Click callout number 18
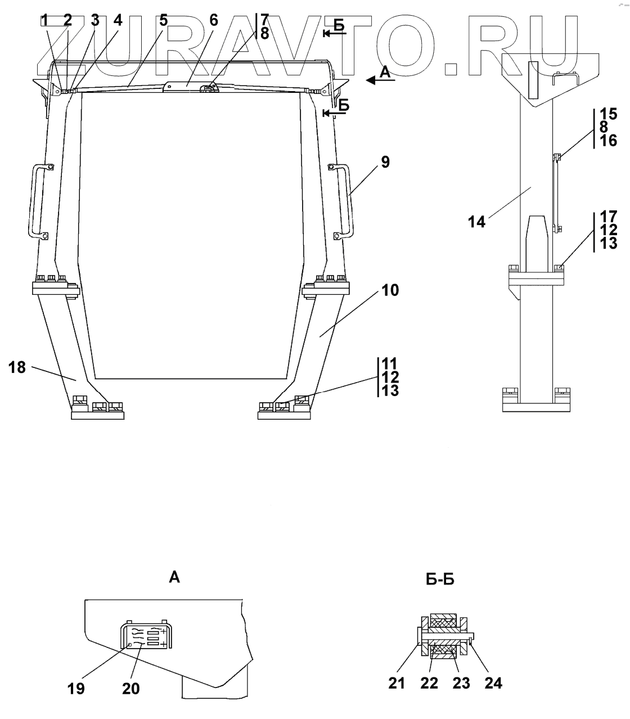[17, 367]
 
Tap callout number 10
[390, 290]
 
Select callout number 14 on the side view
[476, 222]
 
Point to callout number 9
[385, 162]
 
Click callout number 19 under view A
[76, 689]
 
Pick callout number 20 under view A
[130, 689]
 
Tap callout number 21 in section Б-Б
[397, 683]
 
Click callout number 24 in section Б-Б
[493, 683]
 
